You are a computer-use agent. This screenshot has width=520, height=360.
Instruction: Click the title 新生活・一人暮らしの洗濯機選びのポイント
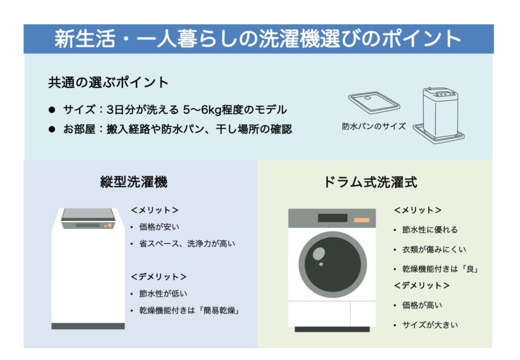point(257,39)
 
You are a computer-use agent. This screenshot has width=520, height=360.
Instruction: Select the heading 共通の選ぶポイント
point(109,83)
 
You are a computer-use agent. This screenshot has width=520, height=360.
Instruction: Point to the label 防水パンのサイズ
point(374,126)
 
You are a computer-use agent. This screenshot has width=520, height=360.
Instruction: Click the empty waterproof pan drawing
point(374,103)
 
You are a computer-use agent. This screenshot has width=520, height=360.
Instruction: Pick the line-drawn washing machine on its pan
point(439,115)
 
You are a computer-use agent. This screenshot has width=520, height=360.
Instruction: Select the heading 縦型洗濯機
point(134,182)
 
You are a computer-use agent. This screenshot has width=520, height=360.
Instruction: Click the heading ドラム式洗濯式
point(370,182)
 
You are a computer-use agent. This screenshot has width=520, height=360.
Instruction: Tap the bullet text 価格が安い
point(159,227)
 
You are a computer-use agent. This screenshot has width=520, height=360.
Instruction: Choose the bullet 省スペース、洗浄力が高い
point(187,244)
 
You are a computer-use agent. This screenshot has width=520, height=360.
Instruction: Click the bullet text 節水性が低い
point(163,293)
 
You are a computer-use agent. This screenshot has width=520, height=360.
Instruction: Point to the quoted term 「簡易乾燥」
point(218,311)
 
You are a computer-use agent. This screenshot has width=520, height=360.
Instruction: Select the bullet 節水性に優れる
point(430,230)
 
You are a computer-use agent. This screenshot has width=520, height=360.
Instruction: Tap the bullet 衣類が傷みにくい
point(434,249)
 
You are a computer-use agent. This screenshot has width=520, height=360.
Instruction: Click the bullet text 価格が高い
point(422,305)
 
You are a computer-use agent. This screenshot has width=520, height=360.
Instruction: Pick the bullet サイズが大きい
point(430,325)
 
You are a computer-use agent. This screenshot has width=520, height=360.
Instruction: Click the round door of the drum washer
point(333,265)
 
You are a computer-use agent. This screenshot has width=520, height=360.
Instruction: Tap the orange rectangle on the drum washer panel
point(362,220)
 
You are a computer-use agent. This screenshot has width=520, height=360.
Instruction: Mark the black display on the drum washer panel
point(333,218)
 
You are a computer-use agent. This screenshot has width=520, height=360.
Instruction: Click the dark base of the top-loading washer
point(88,326)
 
